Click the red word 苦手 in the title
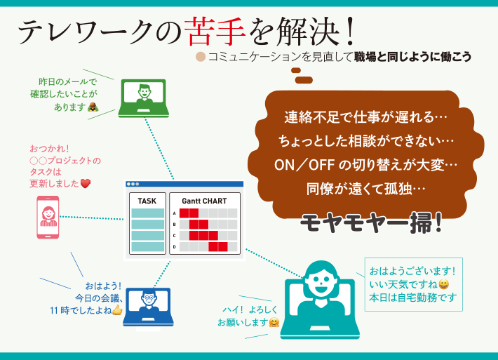[x=215, y=32]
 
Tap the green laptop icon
[x=144, y=98]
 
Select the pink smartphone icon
[x=48, y=217]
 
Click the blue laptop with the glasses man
[x=148, y=307]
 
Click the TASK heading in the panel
[x=147, y=201]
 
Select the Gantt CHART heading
[x=204, y=201]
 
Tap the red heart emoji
[x=86, y=183]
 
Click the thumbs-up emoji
[x=117, y=309]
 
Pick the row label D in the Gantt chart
[x=174, y=246]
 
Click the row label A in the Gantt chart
[x=174, y=213]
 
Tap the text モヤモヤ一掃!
[x=371, y=222]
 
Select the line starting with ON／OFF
[x=365, y=165]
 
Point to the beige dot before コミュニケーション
[x=201, y=57]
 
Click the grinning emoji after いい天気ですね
[x=443, y=284]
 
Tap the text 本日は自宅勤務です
[x=413, y=298]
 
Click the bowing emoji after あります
[x=93, y=107]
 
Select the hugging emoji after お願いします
[x=274, y=323]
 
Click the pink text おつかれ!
[x=49, y=149]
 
